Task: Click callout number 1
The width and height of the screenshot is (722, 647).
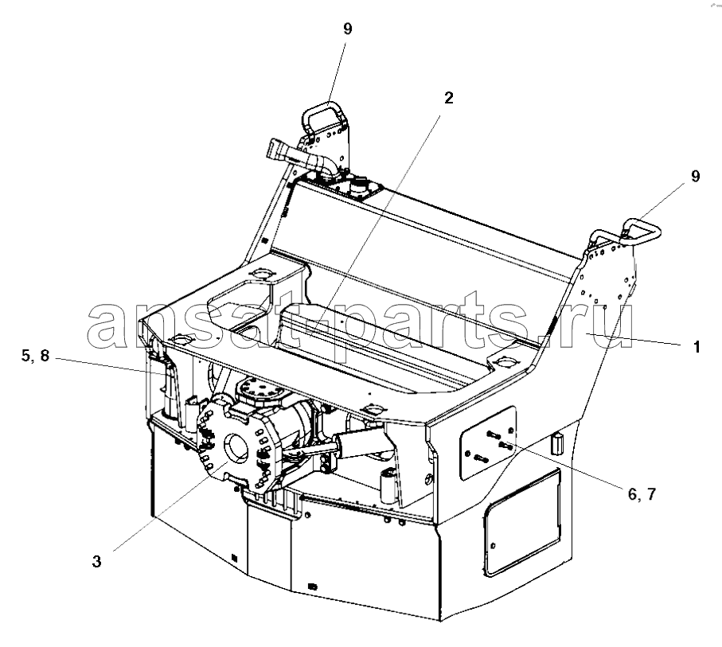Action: pos(697,347)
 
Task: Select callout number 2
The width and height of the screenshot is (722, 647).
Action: pos(448,98)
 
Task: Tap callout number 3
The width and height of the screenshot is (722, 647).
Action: pos(96,561)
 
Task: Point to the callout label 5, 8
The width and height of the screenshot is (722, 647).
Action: pos(35,356)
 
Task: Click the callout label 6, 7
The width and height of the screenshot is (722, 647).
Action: pos(642,494)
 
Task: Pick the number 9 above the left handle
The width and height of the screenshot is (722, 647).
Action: pos(348,29)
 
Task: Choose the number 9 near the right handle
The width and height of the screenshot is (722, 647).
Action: pos(695,176)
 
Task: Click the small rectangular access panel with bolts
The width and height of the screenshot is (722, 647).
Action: pos(488,443)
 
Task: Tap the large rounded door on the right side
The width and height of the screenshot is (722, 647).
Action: pos(521,522)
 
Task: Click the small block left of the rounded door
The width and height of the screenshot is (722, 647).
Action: pos(557,442)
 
